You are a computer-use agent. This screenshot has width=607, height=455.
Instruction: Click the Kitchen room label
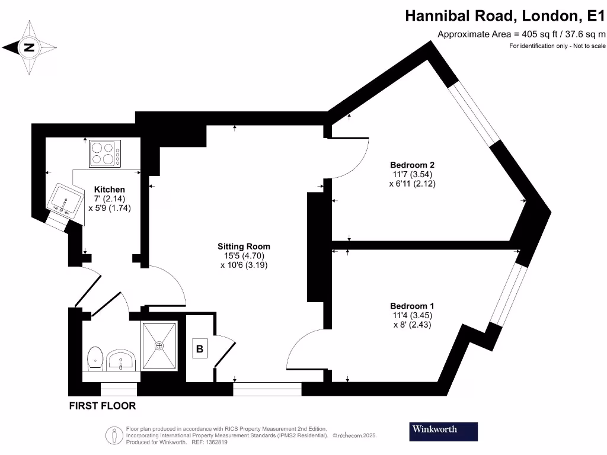[x=110, y=190]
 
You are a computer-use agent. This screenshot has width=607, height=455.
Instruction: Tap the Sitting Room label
[x=244, y=246]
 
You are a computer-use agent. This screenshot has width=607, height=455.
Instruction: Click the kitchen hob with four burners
[x=105, y=154]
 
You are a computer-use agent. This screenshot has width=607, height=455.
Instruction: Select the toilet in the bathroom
[x=95, y=358]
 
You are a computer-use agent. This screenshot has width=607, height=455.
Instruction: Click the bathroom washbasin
[x=122, y=360]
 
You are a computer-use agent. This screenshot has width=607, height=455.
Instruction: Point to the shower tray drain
[x=159, y=345]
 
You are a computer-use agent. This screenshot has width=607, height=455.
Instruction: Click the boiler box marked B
[x=200, y=350]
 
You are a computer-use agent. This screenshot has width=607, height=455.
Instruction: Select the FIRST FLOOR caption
[x=103, y=406]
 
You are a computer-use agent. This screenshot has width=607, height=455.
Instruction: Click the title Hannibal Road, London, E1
[x=505, y=15]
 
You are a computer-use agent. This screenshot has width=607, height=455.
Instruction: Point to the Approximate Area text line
[x=521, y=34]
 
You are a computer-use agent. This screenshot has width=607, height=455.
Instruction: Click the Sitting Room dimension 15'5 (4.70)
[x=244, y=256]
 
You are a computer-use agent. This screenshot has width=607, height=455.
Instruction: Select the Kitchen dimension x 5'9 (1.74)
[x=110, y=209]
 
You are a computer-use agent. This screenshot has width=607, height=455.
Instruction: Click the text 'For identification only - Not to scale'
[x=557, y=46]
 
